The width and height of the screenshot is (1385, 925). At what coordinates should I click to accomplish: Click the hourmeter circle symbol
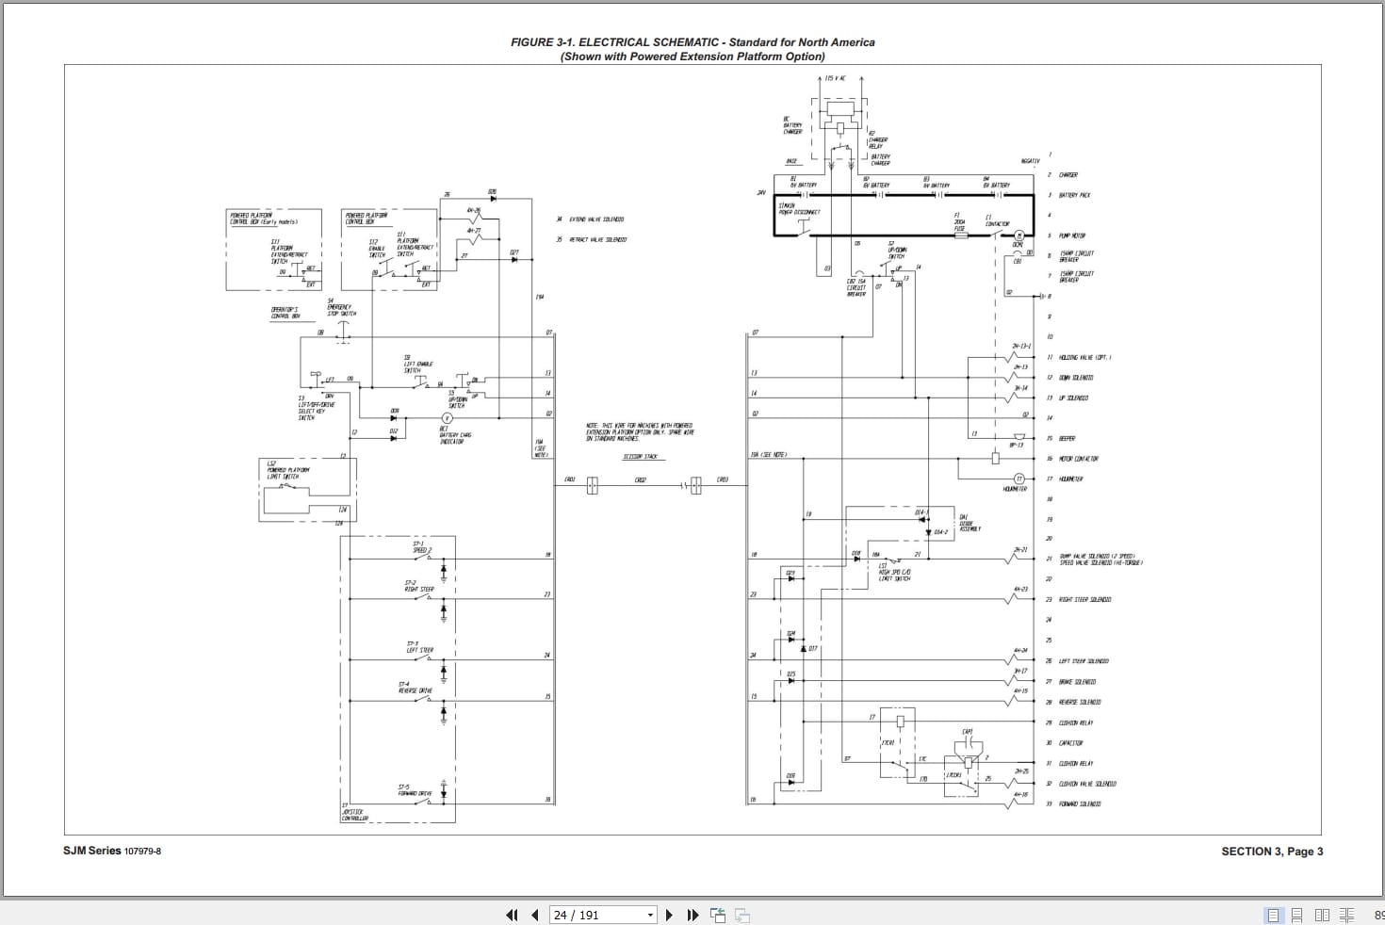click(x=1018, y=479)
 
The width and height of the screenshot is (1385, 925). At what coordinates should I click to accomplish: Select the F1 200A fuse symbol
click(x=960, y=235)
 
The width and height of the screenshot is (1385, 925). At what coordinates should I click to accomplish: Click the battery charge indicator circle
click(x=448, y=417)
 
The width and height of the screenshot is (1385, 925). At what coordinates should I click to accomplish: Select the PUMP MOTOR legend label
click(x=1072, y=236)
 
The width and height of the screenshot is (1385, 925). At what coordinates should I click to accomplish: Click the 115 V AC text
click(x=835, y=78)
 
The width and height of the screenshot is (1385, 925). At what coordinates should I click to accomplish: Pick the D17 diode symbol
click(x=803, y=649)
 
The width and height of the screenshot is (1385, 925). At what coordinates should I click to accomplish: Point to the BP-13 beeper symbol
click(x=1018, y=437)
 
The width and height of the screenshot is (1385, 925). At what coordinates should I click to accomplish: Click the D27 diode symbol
click(x=513, y=259)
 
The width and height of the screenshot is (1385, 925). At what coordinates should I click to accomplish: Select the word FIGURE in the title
click(x=531, y=42)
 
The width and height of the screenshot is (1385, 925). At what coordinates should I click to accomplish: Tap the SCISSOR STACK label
click(x=640, y=457)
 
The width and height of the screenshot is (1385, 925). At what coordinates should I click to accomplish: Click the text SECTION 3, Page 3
click(x=1272, y=852)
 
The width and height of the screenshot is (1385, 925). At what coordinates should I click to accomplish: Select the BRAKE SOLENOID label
click(x=1077, y=682)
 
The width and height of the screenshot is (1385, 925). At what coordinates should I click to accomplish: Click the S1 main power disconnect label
click(x=799, y=209)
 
